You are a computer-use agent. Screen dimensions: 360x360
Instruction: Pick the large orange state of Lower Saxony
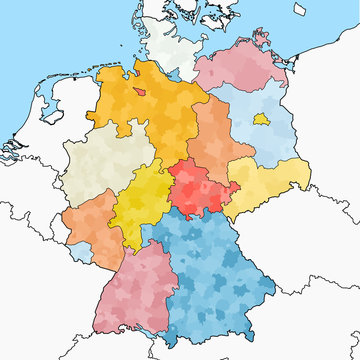tap(150, 110)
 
